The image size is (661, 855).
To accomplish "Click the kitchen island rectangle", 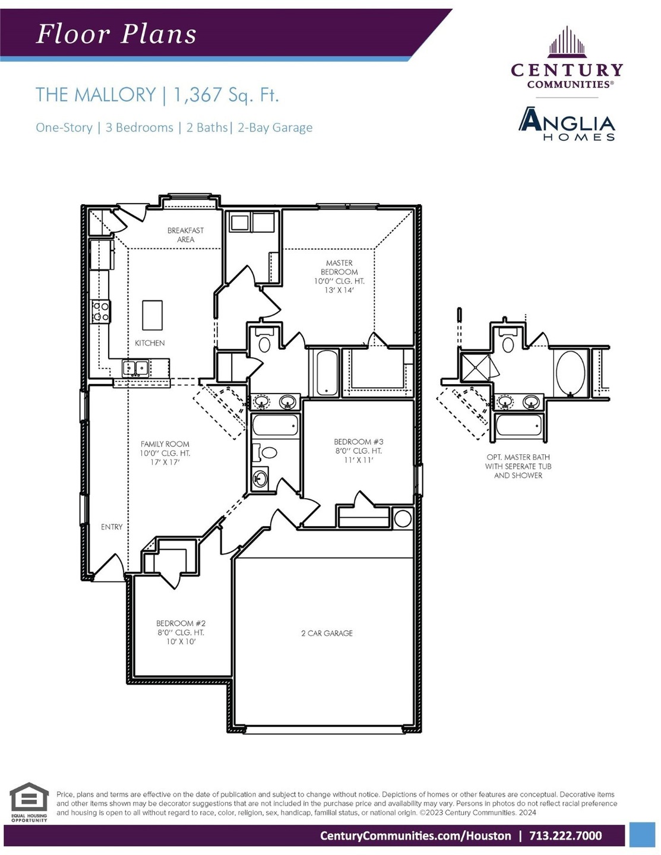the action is pos(152,315).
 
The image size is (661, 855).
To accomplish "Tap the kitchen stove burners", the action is pos(101,311).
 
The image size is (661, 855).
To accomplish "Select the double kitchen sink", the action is pos(135,368).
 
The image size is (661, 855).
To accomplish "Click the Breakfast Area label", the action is pos(185,235).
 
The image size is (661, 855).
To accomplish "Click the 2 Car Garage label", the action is pos(327,633).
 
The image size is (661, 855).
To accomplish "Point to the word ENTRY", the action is pos(112,527).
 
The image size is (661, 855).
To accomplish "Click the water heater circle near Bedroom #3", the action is pos(403,518).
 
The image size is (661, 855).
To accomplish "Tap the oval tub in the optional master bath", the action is pos(570,373).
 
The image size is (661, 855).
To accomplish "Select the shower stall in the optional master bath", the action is pos(475,368).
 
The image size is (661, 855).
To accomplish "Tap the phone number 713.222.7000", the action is pos(565,836).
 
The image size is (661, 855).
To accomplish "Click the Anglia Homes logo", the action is pos(567,124).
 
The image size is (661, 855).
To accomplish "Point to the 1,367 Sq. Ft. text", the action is pos(226,95).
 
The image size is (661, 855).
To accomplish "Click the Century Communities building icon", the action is pos(567,41).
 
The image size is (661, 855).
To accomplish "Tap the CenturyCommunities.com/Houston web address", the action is pos(416,836).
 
